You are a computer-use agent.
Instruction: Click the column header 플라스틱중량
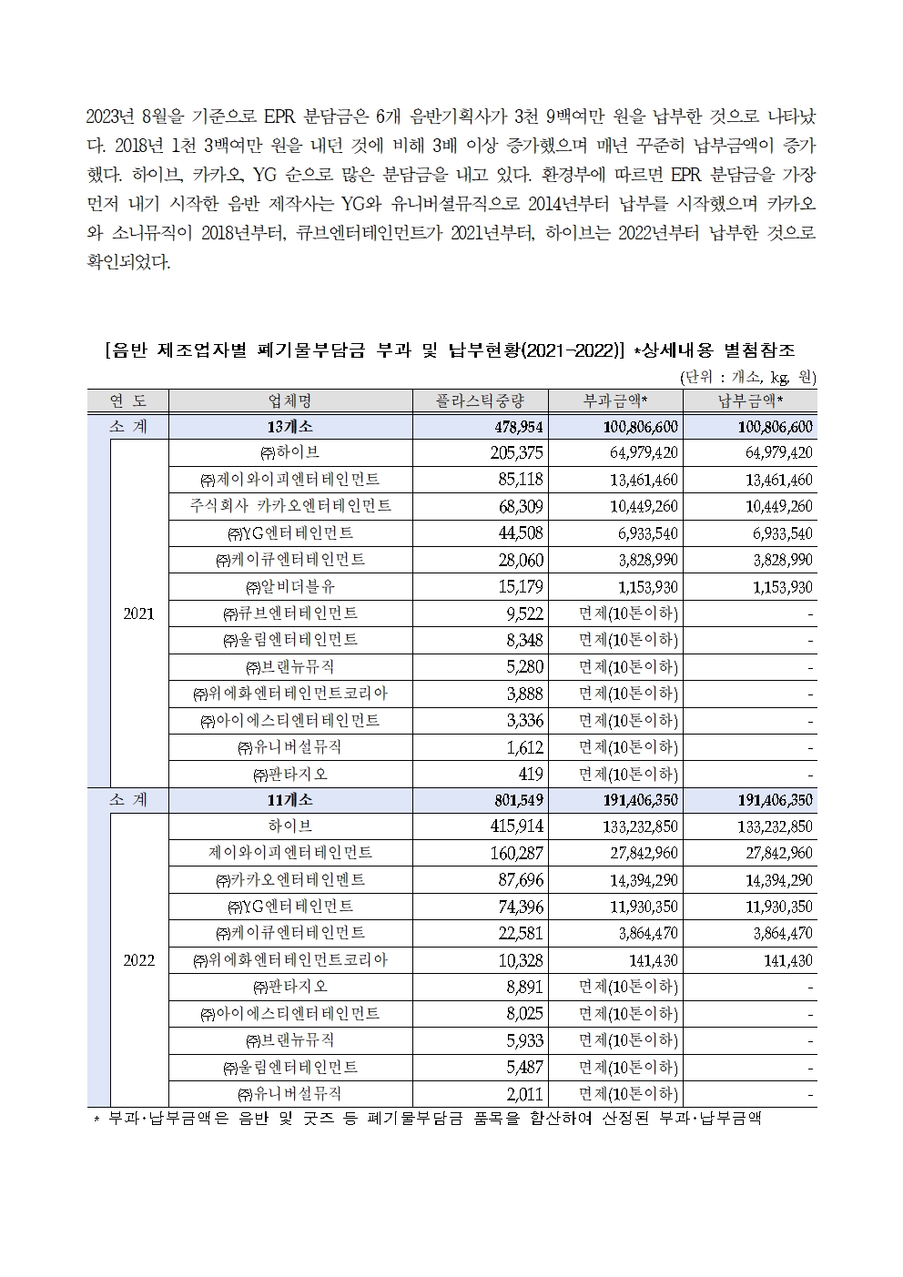pos(480,401)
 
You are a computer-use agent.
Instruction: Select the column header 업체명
pos(290,401)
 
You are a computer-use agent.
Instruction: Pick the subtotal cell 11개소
pos(290,800)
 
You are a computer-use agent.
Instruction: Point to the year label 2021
pos(139,613)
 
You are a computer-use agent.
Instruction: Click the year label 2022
pos(139,960)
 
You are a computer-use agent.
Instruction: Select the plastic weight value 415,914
pos(516,826)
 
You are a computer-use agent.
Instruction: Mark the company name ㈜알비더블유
pos(290,587)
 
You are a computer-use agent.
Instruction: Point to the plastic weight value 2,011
pos(526,1094)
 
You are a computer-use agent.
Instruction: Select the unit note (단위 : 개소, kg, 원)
pos(747,377)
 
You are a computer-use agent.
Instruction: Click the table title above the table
pos(451,350)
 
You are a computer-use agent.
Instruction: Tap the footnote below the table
pos(428,1119)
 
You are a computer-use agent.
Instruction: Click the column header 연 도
pos(127,401)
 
